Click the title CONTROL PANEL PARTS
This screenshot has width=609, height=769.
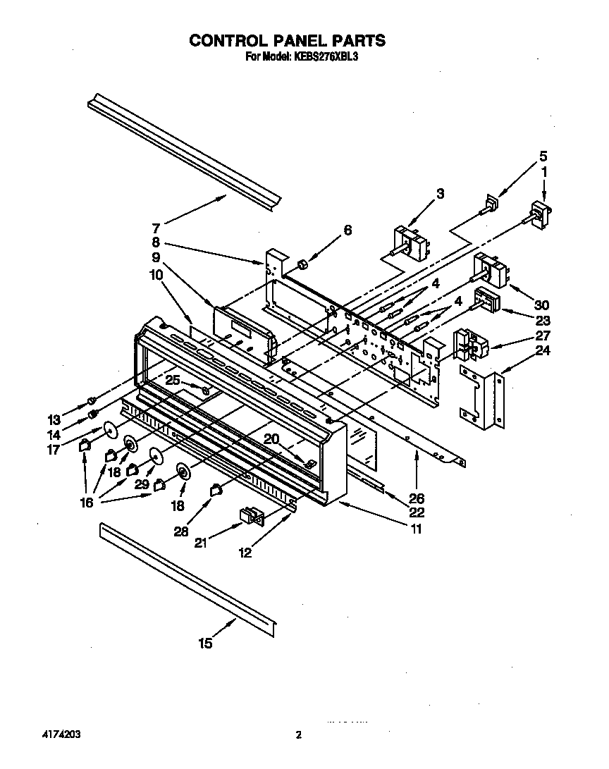pyautogui.click(x=287, y=41)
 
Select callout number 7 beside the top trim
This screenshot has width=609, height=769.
pyautogui.click(x=156, y=228)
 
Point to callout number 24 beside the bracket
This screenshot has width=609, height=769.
pyautogui.click(x=541, y=350)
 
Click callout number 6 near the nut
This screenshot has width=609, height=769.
pyautogui.click(x=347, y=230)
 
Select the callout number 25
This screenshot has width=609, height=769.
pyautogui.click(x=173, y=380)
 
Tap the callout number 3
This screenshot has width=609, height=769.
pyautogui.click(x=440, y=192)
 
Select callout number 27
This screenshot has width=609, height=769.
pyautogui.click(x=541, y=336)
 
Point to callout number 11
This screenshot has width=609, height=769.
pyautogui.click(x=416, y=529)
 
